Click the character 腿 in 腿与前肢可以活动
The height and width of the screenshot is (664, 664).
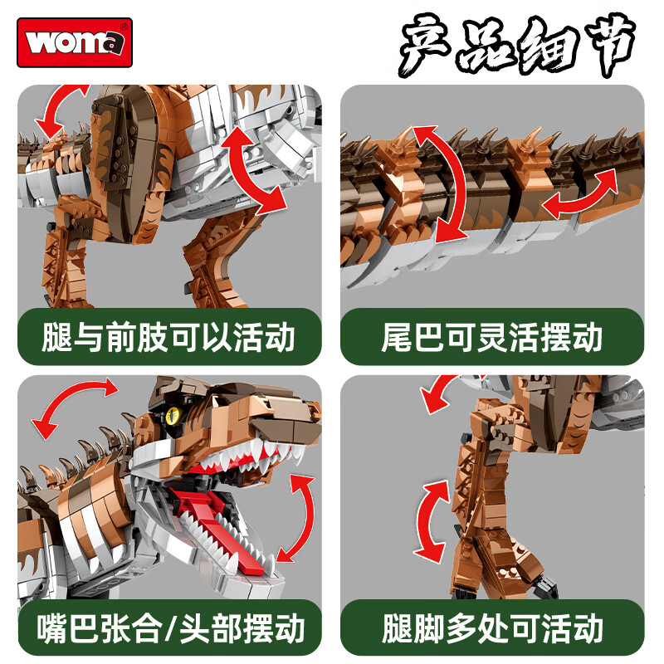[x=56, y=338]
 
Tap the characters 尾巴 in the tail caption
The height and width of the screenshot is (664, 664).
[x=408, y=338]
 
